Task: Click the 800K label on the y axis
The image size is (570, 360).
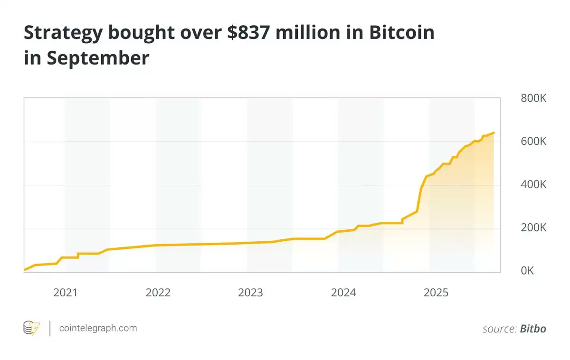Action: point(533,98)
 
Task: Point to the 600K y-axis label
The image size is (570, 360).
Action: point(533,142)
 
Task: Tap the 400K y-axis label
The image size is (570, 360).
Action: point(533,185)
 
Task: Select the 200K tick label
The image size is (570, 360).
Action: point(533,228)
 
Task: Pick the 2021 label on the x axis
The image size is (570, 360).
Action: point(65,293)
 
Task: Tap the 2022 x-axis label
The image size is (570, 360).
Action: point(158,293)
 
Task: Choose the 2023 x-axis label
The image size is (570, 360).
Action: point(250,293)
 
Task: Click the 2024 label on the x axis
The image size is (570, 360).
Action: point(343,293)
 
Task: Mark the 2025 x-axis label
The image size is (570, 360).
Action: point(436,293)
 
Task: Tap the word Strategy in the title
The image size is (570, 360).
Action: point(63,32)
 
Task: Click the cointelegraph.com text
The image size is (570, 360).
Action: point(98,328)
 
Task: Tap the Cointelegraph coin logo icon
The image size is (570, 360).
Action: point(31,328)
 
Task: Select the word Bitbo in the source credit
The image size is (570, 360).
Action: point(533,328)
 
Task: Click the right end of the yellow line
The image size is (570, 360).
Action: point(494,133)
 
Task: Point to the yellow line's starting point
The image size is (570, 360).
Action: point(24,270)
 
